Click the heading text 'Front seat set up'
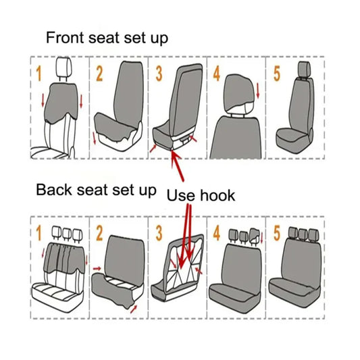(x=107, y=37)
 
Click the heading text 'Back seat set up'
(x=96, y=189)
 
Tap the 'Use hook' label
(x=201, y=195)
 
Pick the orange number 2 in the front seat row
(x=98, y=74)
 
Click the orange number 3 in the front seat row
(x=159, y=74)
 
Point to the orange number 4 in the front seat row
(x=217, y=74)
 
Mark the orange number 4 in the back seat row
(x=217, y=234)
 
